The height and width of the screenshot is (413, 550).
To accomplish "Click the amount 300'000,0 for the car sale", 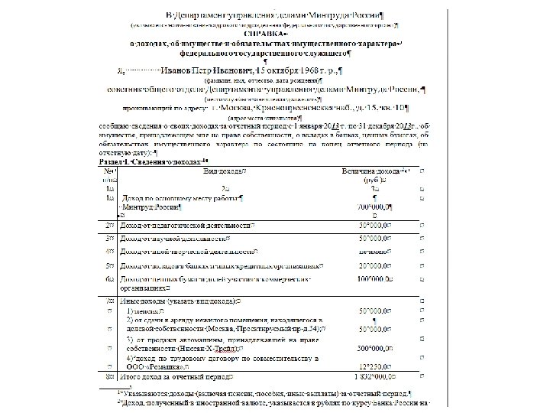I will [x=375, y=347].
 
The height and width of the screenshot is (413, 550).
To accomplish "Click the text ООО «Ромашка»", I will [x=153, y=369].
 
